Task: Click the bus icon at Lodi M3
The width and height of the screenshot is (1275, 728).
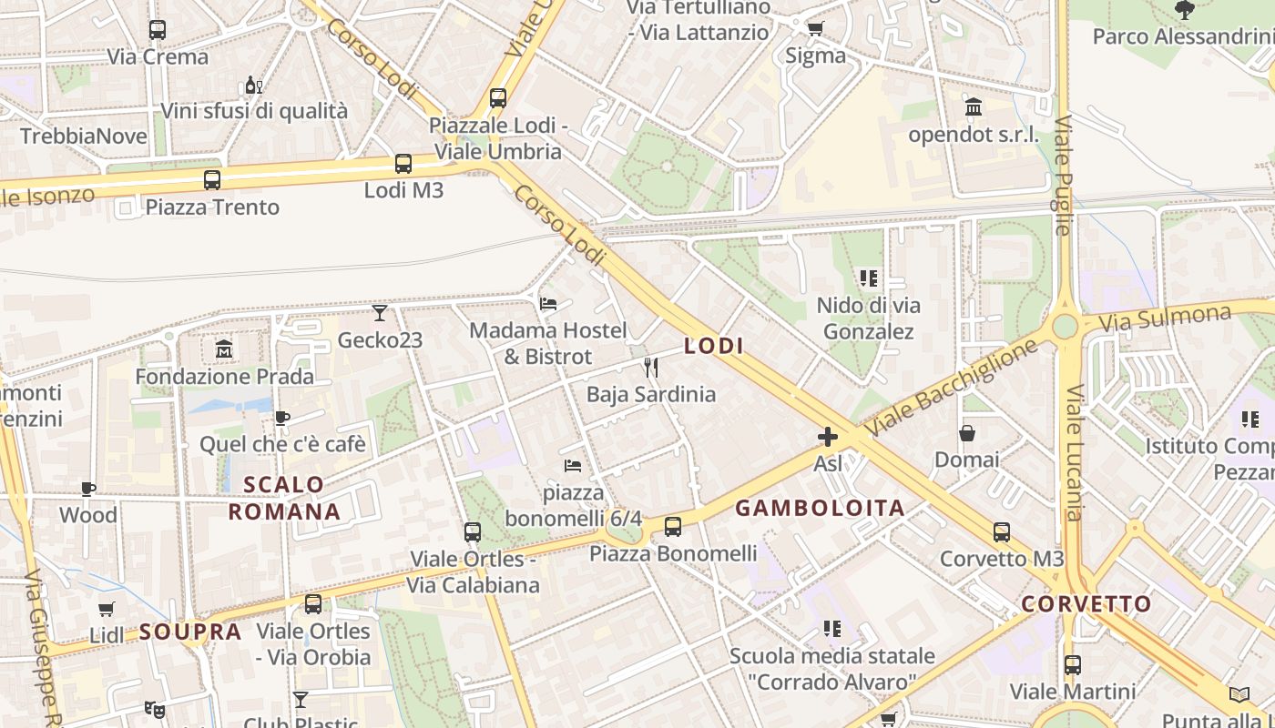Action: (x=403, y=164)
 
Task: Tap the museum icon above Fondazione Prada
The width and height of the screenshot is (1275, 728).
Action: (x=224, y=349)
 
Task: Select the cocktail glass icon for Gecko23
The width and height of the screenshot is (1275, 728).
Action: (x=380, y=313)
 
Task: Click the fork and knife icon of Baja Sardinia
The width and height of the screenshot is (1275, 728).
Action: (x=650, y=368)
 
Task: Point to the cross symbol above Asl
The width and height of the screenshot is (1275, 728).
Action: (x=827, y=437)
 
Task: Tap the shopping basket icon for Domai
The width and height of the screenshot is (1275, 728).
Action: (x=966, y=433)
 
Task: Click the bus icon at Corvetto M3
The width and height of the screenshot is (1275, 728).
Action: (x=1001, y=532)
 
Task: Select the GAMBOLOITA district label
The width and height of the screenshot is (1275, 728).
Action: (x=820, y=509)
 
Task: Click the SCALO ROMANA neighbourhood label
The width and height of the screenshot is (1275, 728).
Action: (x=284, y=498)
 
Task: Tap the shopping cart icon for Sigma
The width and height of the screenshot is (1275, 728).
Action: (x=815, y=28)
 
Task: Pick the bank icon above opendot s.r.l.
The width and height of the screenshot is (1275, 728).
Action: (x=974, y=107)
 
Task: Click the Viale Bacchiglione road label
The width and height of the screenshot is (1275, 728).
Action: (x=952, y=388)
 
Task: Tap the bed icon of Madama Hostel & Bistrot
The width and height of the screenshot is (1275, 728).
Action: (x=548, y=303)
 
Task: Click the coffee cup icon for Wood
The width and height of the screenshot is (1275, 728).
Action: (x=88, y=489)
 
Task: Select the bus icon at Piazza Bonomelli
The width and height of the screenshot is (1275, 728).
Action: (x=672, y=526)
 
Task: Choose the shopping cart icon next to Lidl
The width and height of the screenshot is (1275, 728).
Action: (x=107, y=609)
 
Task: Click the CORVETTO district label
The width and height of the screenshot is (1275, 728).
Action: (x=1086, y=604)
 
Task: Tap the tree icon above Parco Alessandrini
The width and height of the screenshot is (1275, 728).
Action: (x=1184, y=10)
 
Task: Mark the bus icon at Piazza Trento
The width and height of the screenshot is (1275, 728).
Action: (x=212, y=180)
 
